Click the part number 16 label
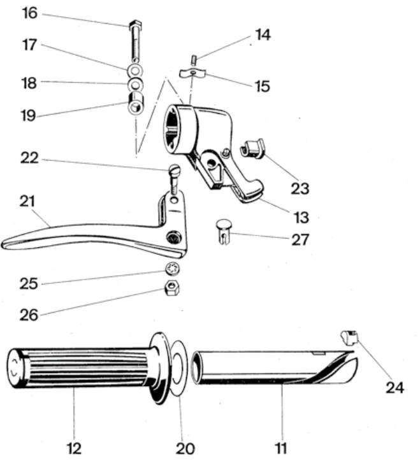(x=30, y=13)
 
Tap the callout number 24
(x=395, y=387)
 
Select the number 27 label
(x=300, y=240)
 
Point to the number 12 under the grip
(x=74, y=449)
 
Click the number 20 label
(x=185, y=449)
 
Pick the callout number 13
(x=301, y=217)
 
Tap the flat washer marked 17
(x=135, y=71)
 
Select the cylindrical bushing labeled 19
(x=136, y=103)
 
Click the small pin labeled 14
(x=194, y=59)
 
